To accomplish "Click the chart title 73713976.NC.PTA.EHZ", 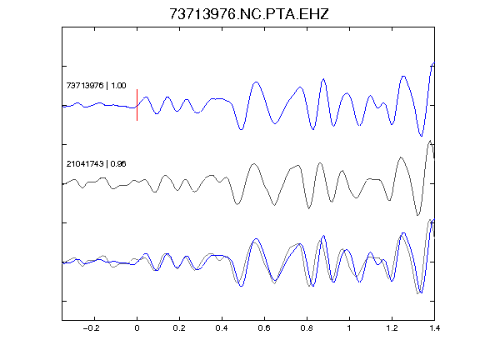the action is tap(249, 14).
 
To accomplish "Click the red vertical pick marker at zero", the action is tap(137, 105).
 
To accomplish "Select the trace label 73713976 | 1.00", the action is tap(96, 85).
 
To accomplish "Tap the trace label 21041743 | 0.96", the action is tap(96, 164).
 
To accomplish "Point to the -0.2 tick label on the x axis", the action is tap(92, 328).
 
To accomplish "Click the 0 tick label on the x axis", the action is tap(137, 328).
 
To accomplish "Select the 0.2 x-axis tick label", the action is tap(179, 328).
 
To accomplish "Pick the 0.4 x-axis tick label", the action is tap(222, 328).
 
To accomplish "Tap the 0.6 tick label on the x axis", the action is tap(264, 328).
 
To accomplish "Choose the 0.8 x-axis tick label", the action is tap(307, 328).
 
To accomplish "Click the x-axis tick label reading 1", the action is tap(349, 328).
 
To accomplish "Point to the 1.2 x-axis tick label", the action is tap(392, 328).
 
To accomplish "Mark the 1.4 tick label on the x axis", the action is tap(434, 328).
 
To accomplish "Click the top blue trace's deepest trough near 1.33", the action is tap(421, 136).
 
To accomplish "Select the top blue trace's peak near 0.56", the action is tap(256, 82).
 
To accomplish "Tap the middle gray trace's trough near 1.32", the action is tap(417, 215).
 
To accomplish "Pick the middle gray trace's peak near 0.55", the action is tap(254, 164).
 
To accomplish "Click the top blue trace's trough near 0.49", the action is tap(241, 129).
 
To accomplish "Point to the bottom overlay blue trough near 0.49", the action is tap(241, 286).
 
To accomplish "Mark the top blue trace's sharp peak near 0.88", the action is tap(323, 79).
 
